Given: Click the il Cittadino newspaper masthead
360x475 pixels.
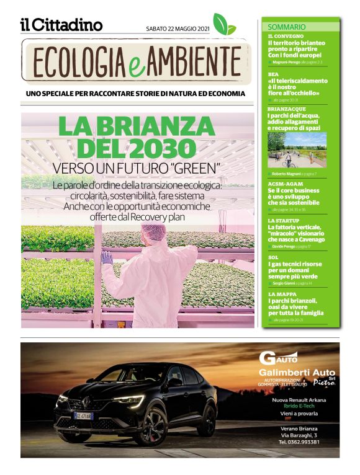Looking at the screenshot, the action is click(61, 25).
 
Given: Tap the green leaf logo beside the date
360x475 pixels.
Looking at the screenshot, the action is click(224, 24).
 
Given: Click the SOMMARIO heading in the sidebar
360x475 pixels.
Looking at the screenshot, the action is click(286, 27).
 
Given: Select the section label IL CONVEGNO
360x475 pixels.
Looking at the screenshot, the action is click(286, 37).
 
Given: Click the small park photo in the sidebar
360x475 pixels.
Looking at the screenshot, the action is click(297, 149).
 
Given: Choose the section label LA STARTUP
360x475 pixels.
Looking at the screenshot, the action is click(284, 221).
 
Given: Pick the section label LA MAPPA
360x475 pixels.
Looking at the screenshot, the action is click(282, 294).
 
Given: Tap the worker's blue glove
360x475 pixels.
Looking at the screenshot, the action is click(107, 258).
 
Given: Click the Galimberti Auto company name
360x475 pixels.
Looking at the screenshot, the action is click(297, 372).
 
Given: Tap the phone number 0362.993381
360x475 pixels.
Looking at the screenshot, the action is click(299, 442).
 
